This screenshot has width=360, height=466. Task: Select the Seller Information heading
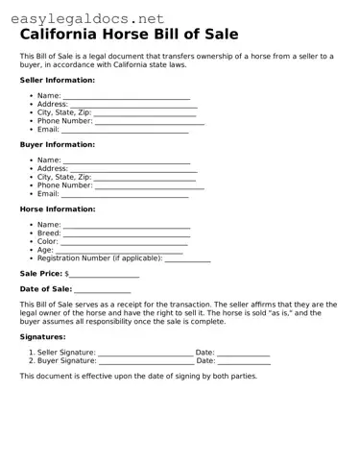pyautogui.click(x=57, y=80)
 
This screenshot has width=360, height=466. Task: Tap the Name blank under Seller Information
pyautogui.click(x=126, y=97)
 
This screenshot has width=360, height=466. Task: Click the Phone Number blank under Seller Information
pyautogui.click(x=149, y=122)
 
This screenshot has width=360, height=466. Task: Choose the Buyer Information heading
pyautogui.click(x=57, y=144)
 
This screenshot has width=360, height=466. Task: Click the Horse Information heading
pyautogui.click(x=58, y=208)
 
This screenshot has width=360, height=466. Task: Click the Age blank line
pyautogui.click(x=119, y=251)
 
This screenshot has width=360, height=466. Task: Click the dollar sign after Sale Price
pyautogui.click(x=67, y=274)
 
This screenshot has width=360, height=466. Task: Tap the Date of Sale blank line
pyautogui.click(x=102, y=289)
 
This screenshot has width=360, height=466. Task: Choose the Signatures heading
pyautogui.click(x=43, y=337)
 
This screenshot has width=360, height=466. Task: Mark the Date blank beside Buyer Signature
pyautogui.click(x=244, y=361)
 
